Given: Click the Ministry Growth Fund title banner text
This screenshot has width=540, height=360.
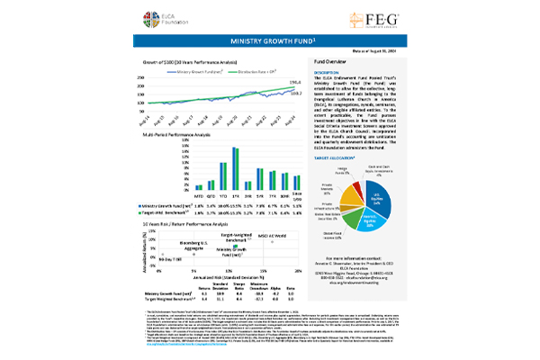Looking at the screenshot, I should (269, 41).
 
